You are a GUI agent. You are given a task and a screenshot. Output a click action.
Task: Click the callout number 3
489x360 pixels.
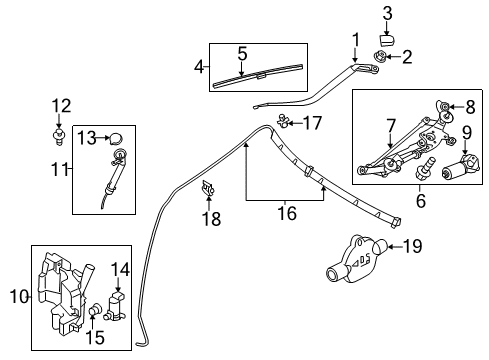[387, 14]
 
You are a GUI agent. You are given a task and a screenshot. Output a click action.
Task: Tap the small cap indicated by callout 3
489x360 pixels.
[387, 39]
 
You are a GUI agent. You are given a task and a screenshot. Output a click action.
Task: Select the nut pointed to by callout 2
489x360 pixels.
[379, 56]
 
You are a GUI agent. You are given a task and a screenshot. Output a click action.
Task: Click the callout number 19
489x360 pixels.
[412, 246]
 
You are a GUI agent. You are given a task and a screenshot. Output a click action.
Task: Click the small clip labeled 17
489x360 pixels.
[283, 121]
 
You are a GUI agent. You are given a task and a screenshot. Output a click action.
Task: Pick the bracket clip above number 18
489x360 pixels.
[207, 188]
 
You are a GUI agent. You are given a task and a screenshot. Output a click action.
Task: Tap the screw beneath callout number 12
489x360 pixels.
[59, 137]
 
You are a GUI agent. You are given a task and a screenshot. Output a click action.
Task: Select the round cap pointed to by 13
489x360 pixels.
[116, 138]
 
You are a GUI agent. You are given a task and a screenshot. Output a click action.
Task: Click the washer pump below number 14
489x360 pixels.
[114, 306]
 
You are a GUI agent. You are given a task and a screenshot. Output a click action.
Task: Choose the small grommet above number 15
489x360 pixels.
[94, 310]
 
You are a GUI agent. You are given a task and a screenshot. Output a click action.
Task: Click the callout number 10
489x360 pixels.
[19, 296]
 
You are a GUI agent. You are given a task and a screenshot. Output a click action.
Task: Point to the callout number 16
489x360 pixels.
[287, 213]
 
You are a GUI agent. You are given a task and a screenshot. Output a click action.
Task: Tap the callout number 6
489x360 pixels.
[421, 200]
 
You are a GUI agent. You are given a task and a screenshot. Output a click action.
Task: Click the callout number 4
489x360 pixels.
[199, 67]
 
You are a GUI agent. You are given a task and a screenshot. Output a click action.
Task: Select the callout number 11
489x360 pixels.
[60, 169]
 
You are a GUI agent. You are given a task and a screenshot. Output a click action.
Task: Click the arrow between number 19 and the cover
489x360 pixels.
[395, 247]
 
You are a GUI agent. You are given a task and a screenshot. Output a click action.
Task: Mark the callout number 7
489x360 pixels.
[391, 126]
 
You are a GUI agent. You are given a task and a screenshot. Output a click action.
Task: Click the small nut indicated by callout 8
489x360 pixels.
[444, 107]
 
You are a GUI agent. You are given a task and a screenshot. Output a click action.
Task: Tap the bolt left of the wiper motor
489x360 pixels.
[423, 168]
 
